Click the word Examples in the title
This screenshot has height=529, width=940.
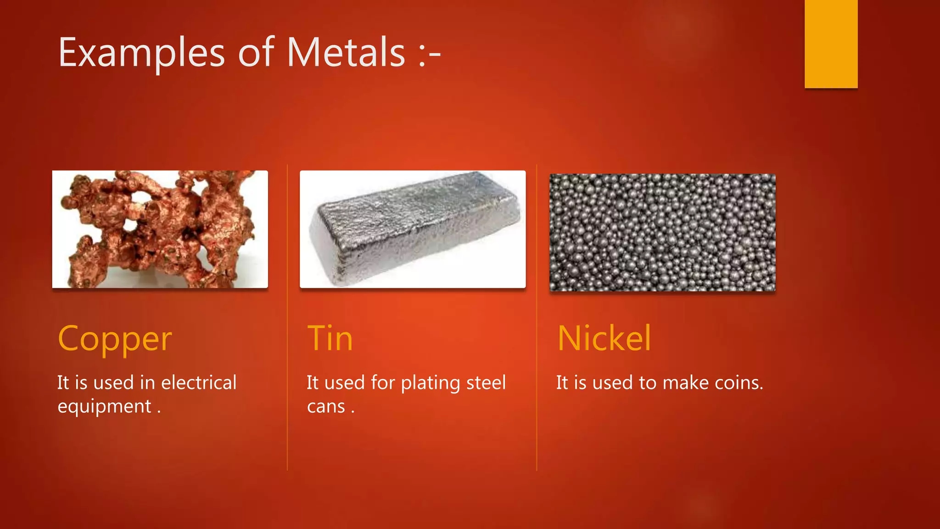pos(141,53)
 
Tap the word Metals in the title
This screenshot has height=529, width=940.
pos(346,52)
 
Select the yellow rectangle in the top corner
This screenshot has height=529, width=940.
pos(831,44)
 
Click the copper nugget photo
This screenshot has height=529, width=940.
pos(160,229)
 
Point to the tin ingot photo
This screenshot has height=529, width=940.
pos(412,229)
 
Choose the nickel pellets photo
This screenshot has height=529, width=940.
pos(662,232)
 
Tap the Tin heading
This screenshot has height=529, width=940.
pos(330,338)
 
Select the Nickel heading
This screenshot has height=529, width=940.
pos(604,338)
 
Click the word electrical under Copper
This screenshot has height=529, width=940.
pos(199,383)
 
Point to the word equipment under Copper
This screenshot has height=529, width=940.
pos(104,407)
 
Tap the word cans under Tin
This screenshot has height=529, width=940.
pos(326,407)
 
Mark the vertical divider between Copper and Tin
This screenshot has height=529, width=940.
pos(287,317)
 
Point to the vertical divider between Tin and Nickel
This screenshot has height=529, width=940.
pos(537,317)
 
